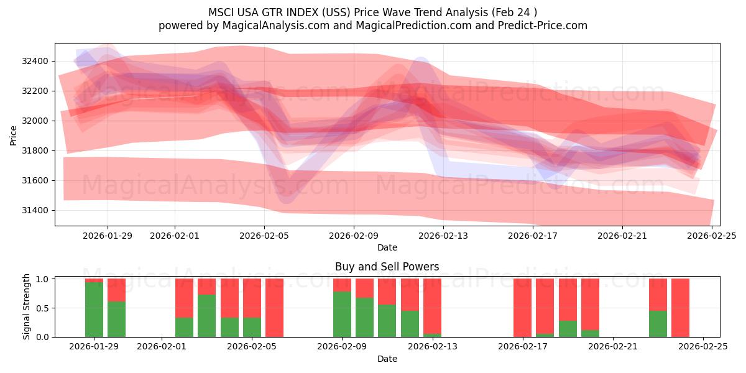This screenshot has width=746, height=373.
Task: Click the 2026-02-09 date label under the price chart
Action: coord(354,236)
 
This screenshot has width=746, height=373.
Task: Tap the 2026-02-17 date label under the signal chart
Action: coord(523,347)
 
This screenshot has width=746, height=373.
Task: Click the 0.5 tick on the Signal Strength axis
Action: coord(44,308)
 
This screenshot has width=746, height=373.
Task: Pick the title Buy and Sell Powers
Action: coord(387,267)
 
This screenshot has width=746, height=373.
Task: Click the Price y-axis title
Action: coord(14,134)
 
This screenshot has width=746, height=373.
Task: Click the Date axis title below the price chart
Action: coord(387,247)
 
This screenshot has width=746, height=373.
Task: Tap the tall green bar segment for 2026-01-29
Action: coord(94,310)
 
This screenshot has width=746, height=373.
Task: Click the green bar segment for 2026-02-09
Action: coord(342,314)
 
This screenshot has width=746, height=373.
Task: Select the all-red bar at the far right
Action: coord(680,308)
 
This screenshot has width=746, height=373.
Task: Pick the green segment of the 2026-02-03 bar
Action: coord(206,316)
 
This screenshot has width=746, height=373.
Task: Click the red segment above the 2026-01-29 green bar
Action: coord(94,280)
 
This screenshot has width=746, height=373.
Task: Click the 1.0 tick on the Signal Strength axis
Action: coord(44,279)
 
